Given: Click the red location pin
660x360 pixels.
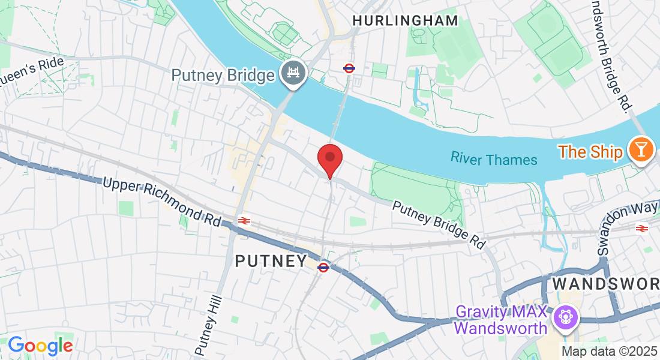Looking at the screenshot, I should click(x=329, y=158).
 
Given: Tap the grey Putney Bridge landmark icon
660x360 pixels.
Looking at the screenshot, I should click(x=294, y=74).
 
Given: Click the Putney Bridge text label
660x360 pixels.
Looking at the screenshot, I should click(x=223, y=76).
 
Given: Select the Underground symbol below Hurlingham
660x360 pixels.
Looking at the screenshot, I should click(x=349, y=68).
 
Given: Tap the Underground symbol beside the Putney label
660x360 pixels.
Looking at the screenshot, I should click(x=323, y=267).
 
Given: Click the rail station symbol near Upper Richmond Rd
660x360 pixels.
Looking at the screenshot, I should click(x=244, y=221).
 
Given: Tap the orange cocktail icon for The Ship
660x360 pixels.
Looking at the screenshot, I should click(x=641, y=149).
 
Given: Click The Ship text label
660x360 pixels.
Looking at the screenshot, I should click(x=591, y=152).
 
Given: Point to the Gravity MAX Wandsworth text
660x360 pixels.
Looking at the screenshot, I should click(x=501, y=320).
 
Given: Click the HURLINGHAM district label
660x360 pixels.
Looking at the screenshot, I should click(x=405, y=21).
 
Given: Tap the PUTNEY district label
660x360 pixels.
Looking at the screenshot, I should click(x=271, y=261).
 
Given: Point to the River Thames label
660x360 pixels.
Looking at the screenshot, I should click(x=494, y=159).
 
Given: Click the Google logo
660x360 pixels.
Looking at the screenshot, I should click(x=40, y=345).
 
